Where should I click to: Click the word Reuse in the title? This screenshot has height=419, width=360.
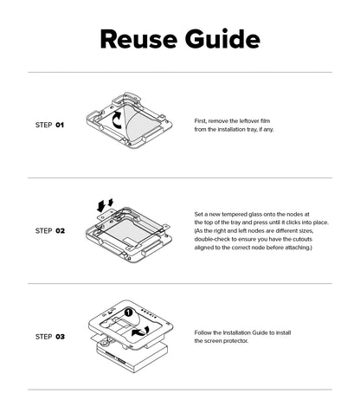pos(138,39)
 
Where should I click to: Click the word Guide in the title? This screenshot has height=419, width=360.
pos(222,39)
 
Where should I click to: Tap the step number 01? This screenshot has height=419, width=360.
pos(60,125)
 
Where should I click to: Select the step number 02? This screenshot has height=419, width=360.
pos(60,231)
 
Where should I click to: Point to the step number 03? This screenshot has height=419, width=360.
pos(60,337)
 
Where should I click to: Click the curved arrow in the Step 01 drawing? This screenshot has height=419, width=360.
pos(116,121)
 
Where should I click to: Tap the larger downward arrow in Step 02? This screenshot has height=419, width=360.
pos(101,206)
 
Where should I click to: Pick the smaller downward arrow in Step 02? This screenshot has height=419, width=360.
pos(111,203)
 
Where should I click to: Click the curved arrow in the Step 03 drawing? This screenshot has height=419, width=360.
pos(140,332)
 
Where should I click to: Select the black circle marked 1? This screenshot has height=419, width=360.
pos(128,313)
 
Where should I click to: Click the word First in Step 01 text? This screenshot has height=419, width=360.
pos(201,121)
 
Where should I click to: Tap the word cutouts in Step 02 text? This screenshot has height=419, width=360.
pos(302,239)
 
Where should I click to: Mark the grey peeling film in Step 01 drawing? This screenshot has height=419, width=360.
pos(142,121)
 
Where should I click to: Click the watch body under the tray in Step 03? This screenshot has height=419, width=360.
pos(132,358)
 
